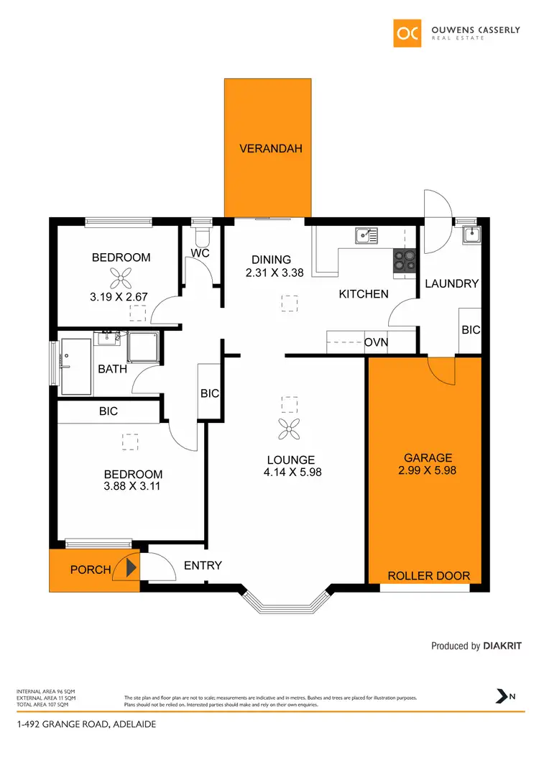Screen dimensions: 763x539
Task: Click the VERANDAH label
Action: [270, 150]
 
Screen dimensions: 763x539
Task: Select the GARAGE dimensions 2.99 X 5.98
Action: [428, 471]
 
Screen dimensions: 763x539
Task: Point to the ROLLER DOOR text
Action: [428, 576]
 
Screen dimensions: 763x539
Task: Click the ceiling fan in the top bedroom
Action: [119, 278]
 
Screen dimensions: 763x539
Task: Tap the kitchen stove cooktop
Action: [405, 260]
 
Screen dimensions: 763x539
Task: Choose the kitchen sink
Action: [366, 234]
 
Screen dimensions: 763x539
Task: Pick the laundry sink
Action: [471, 234]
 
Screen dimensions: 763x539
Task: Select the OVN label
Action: [376, 342]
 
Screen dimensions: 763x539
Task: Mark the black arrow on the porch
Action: [131, 570]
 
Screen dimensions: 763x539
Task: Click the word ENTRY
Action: [203, 566]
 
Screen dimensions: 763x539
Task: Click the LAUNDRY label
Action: [451, 284]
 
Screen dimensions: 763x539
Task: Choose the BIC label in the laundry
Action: [471, 330]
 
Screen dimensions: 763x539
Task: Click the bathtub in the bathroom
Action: [76, 367]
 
